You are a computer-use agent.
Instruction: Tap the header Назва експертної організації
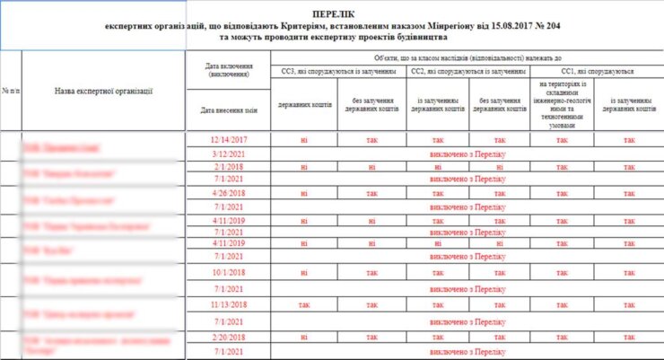103,91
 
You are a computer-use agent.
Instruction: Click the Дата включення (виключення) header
227,70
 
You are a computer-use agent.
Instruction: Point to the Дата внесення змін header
227,111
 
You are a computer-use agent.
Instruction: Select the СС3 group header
338,71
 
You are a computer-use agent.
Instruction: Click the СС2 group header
467,71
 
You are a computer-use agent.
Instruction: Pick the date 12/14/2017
227,140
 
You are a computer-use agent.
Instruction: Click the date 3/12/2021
227,154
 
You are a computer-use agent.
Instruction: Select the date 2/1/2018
227,167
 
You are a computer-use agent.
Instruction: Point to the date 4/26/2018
227,193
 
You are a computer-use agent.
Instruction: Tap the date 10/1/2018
227,272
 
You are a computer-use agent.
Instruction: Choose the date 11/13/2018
227,305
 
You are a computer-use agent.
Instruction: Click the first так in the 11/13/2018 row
306,305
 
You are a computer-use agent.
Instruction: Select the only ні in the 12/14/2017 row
306,140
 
